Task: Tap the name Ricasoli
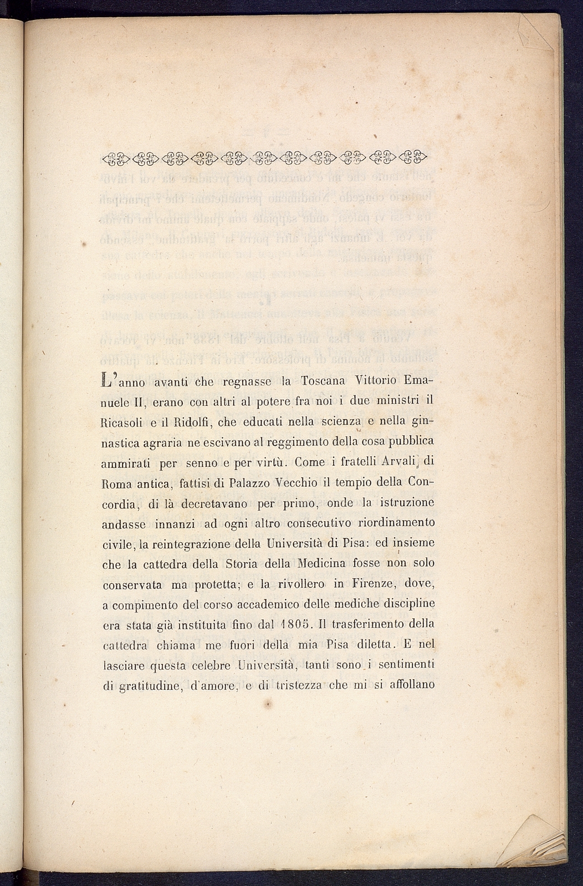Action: [124, 422]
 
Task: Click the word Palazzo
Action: [247, 482]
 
